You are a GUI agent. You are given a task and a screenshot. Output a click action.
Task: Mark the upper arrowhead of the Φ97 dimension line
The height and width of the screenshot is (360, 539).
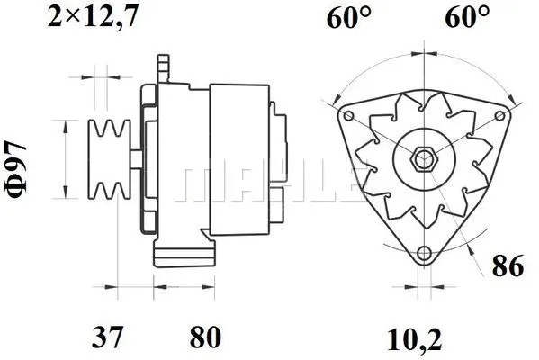click(x=64, y=124)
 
